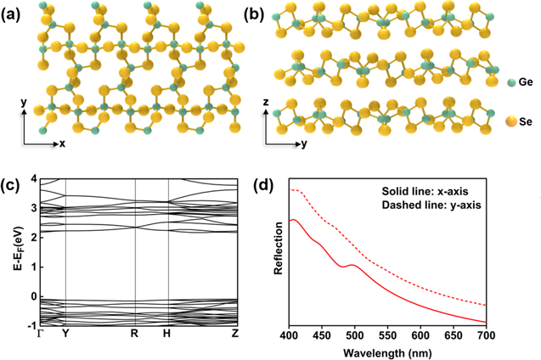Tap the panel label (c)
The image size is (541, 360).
tap(14, 186)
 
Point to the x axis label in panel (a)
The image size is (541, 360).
tap(62, 143)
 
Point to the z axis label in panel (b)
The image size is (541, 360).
tap(265, 101)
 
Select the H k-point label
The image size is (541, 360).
tap(167, 335)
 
